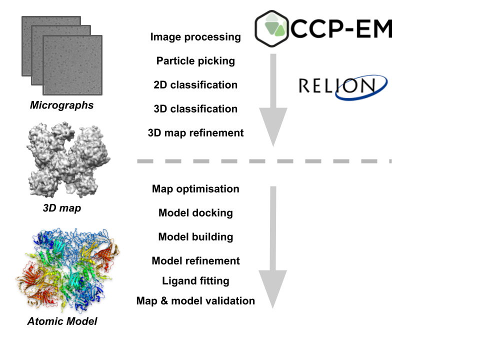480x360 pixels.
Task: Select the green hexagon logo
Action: (272, 28)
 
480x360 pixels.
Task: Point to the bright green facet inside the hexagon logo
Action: (280, 31)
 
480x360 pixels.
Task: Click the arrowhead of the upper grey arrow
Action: (273, 125)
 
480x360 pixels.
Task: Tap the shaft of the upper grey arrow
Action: (273, 80)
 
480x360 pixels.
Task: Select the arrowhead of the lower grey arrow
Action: (272, 287)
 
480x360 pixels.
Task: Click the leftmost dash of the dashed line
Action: (145, 161)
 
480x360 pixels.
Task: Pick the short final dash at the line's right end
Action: (390, 161)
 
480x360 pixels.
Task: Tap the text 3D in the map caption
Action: (50, 207)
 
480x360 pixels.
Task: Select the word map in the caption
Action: (70, 207)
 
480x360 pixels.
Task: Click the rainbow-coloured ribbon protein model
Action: (67, 270)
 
